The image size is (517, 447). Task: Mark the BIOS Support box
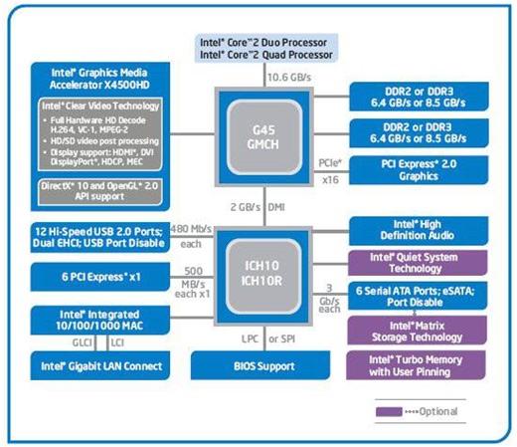point(258,365)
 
